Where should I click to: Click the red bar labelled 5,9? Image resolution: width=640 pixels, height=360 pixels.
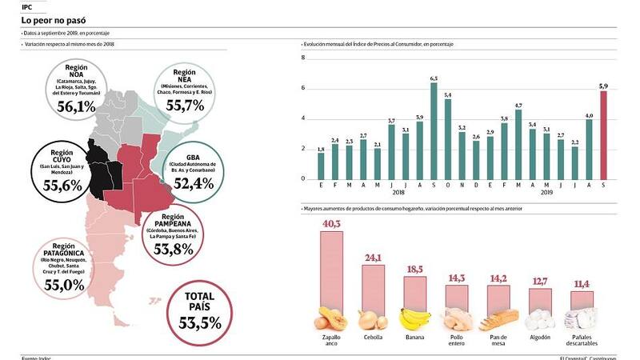[x=604, y=134]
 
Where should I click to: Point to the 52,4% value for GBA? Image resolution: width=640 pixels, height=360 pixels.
[x=193, y=183]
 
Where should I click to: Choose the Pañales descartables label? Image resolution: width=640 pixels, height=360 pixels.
[x=582, y=342]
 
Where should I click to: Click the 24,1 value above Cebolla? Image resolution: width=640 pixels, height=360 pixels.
[x=372, y=258]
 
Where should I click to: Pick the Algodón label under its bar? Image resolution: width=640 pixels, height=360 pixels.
[x=540, y=338]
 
